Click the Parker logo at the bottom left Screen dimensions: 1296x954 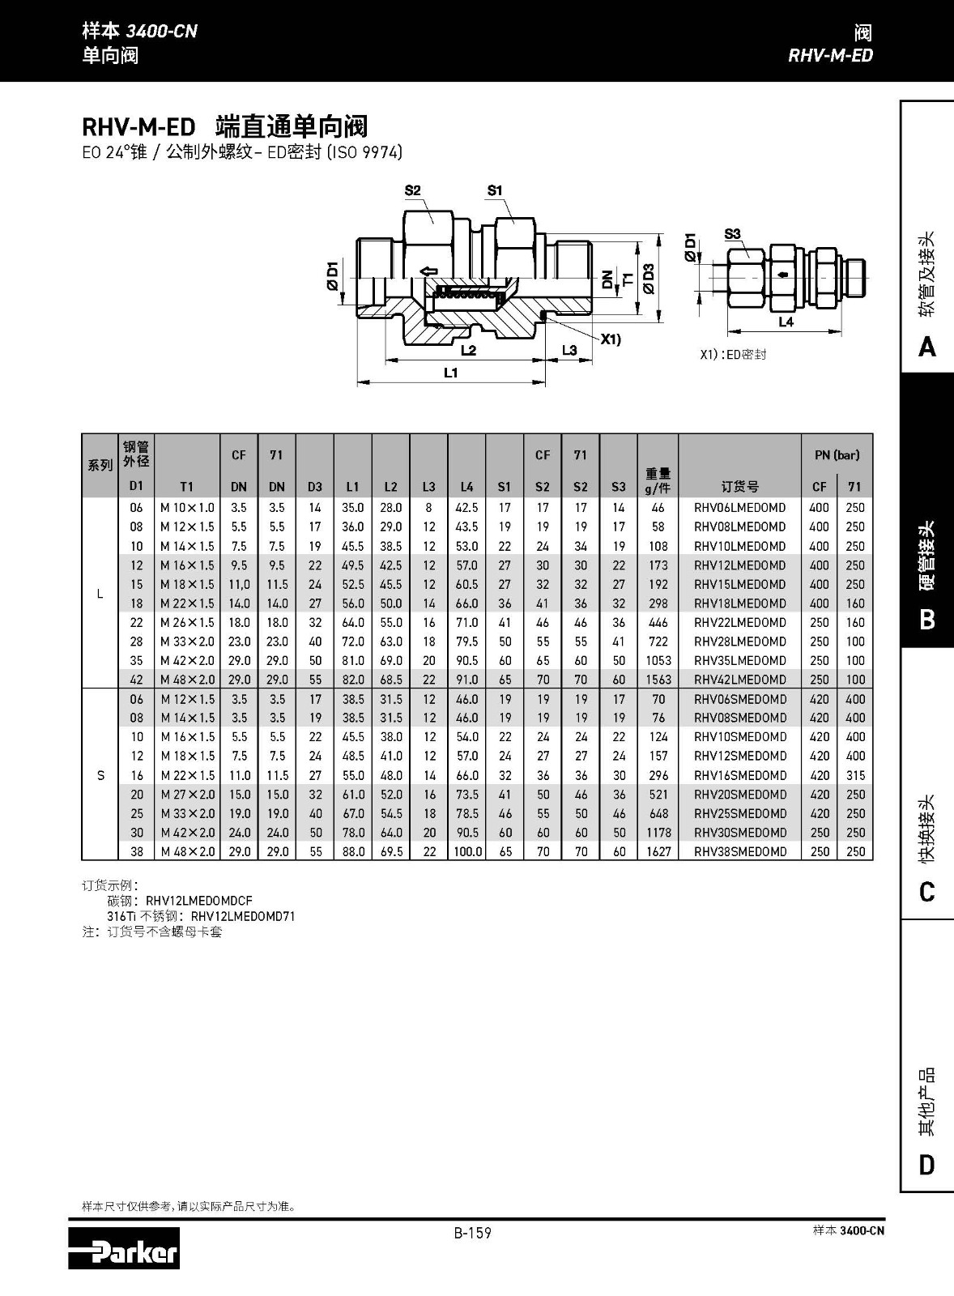124,1248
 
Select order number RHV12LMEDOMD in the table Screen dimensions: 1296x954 739,565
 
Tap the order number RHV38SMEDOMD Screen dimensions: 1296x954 739,851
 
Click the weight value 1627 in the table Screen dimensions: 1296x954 658,851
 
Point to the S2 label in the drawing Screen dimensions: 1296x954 413,191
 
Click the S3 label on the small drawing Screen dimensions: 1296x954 732,234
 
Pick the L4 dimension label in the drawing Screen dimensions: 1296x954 786,322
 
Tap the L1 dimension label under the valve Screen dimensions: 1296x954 451,373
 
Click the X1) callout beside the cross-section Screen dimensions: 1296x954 611,339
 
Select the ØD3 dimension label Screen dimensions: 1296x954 649,278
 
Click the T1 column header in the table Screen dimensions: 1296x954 186,487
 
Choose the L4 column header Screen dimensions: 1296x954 466,487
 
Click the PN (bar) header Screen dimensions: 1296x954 837,455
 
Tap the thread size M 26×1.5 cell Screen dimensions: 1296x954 187,622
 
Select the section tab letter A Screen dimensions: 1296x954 927,347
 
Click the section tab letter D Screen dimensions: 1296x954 927,1166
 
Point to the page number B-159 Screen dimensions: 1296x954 473,1233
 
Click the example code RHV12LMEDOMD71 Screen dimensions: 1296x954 243,916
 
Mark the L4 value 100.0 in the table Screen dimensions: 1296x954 467,851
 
